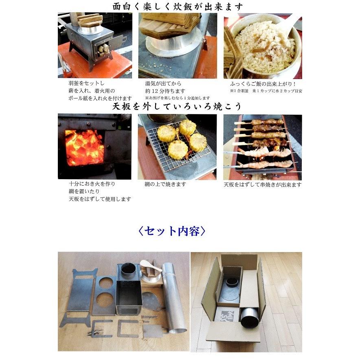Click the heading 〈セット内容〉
(172, 231)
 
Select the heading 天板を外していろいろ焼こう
(177, 107)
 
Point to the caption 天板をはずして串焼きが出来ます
(262, 184)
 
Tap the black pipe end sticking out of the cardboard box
(248, 318)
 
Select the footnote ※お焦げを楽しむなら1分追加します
(178, 98)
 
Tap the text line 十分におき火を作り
(92, 184)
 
